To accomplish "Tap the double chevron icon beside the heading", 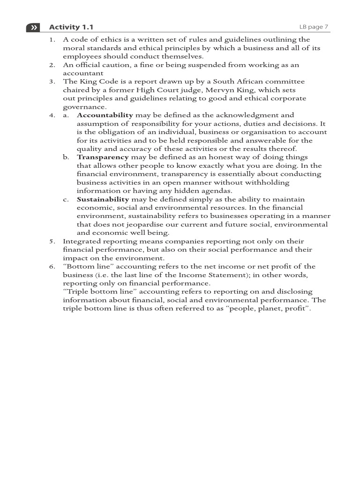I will pos(33,28).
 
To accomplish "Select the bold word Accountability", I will pos(105,115).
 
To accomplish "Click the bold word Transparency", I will pos(103,157).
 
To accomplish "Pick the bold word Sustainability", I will pos(103,200).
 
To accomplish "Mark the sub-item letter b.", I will pos(66,157).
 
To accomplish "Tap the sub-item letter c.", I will pos(66,200).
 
